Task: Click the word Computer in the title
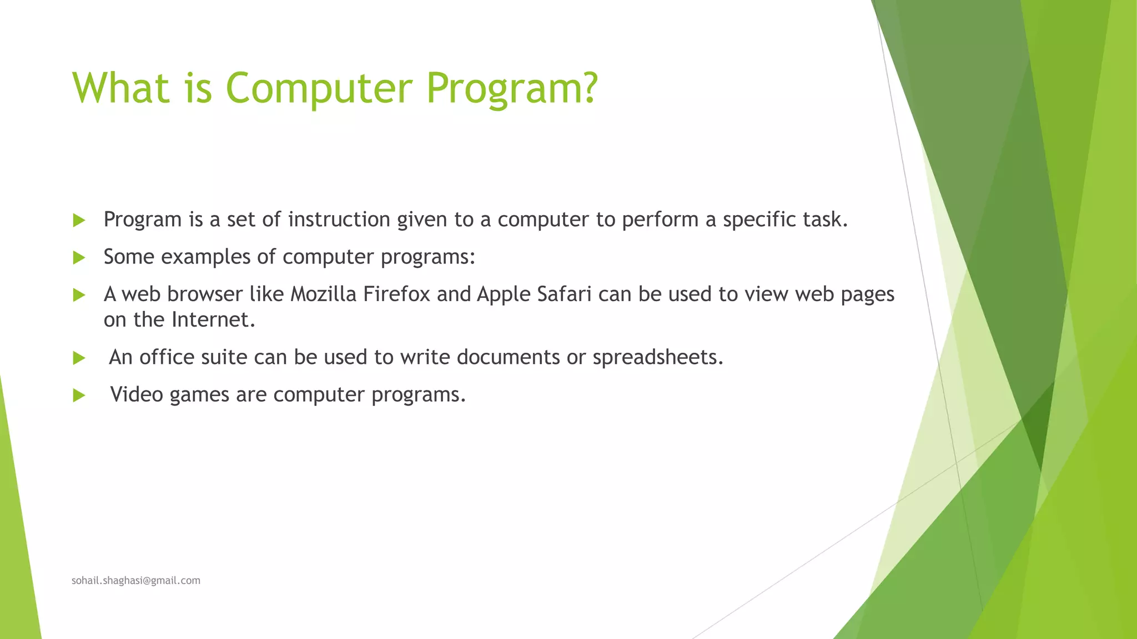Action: (x=319, y=88)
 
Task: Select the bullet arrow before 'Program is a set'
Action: (x=79, y=220)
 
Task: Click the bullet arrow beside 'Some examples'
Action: (x=79, y=257)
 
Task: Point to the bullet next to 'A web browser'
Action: (x=79, y=295)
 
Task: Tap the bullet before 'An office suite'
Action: (x=79, y=358)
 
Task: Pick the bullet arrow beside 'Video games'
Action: (x=79, y=395)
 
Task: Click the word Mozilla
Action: (x=323, y=294)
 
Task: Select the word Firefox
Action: (x=396, y=294)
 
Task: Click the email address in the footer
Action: (x=136, y=580)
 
